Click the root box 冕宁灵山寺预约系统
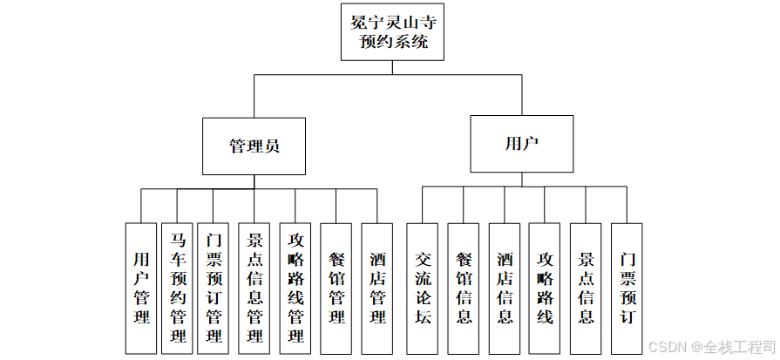[392, 31]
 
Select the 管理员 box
[254, 146]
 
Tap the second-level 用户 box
[522, 143]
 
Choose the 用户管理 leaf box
[141, 288]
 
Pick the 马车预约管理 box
[179, 288]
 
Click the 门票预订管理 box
[215, 288]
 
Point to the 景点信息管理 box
[254, 288]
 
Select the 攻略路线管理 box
[295, 288]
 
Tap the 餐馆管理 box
[336, 288]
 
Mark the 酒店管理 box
[377, 288]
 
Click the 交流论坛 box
[423, 288]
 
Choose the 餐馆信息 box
[464, 288]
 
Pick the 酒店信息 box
[505, 288]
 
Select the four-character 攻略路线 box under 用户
[545, 288]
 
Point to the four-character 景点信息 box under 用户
[586, 288]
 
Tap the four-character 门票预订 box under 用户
[627, 288]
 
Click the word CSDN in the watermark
[666, 345]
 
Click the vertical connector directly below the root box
[392, 68]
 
